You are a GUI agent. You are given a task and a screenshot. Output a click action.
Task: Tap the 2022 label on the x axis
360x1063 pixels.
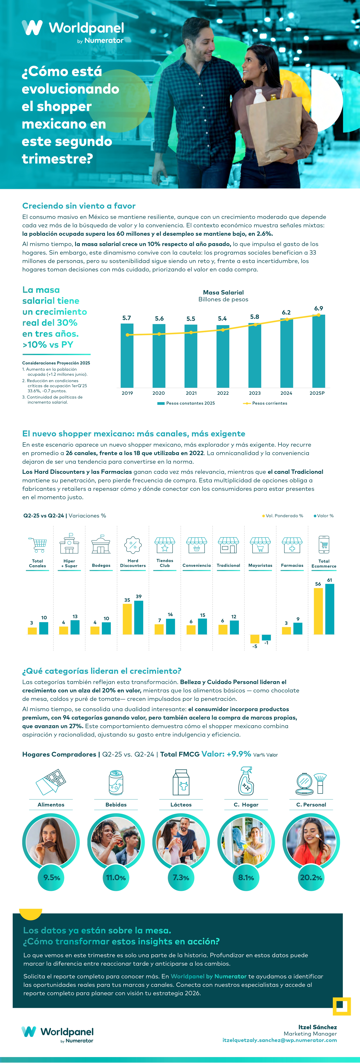tap(223, 393)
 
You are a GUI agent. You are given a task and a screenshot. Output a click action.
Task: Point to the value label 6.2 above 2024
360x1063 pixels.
tap(286, 312)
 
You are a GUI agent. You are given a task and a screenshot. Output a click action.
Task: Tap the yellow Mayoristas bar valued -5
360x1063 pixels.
tap(255, 639)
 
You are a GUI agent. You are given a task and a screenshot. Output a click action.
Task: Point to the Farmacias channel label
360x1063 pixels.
tap(292, 565)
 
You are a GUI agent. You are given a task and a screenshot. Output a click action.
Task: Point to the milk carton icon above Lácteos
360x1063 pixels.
tap(181, 782)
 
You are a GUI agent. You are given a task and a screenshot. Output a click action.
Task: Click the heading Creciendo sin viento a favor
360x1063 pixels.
tap(79, 206)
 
